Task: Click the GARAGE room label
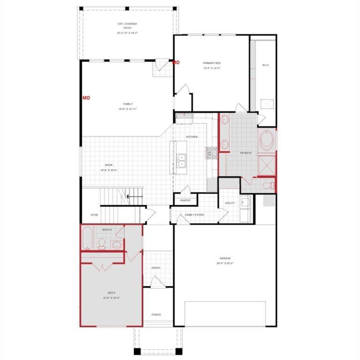point(225,258)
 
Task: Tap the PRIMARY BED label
point(212,63)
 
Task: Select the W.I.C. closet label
point(265,65)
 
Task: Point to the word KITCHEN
point(192,137)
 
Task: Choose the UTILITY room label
point(230,203)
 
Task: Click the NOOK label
point(109,165)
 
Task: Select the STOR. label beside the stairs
point(94,215)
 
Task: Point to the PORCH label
point(156,315)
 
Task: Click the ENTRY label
point(156,268)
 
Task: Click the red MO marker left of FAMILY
point(86,97)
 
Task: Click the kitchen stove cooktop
point(210,152)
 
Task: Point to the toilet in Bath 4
point(101,242)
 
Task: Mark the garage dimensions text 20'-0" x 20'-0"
point(225,263)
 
